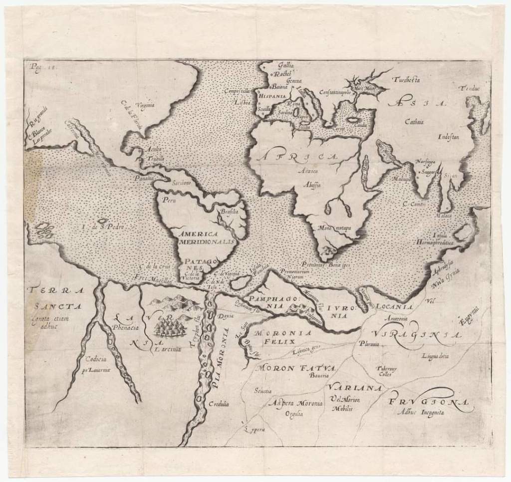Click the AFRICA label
pos(297,157)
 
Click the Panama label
pos(143,177)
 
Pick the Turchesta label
pos(407,79)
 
